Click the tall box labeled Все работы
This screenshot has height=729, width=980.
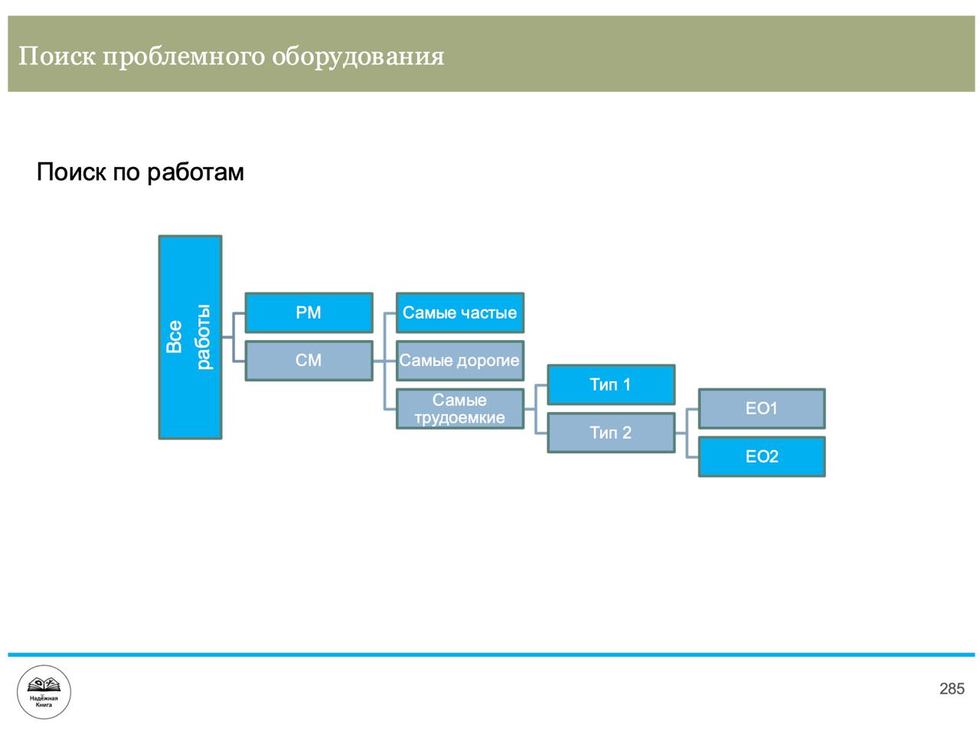tap(190, 337)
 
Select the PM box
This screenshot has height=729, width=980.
tap(309, 312)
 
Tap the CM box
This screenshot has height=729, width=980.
tap(309, 361)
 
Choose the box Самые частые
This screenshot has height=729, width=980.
tap(460, 312)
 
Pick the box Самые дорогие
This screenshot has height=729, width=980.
tap(460, 361)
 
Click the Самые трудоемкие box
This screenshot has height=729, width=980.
tap(460, 408)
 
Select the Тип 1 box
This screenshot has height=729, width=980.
tap(611, 384)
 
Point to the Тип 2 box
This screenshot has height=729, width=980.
tap(611, 433)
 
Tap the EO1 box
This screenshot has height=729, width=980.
tap(762, 408)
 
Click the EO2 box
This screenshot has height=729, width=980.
tap(762, 456)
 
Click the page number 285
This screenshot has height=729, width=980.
tap(952, 688)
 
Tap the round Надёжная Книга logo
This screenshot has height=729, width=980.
tap(44, 692)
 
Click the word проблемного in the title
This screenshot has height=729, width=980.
tap(183, 57)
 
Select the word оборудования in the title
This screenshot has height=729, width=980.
tap(358, 57)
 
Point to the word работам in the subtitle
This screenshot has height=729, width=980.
tap(195, 172)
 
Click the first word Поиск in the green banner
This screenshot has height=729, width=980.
tap(57, 56)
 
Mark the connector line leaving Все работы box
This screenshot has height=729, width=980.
tap(227, 337)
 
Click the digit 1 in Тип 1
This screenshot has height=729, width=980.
tap(626, 384)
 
